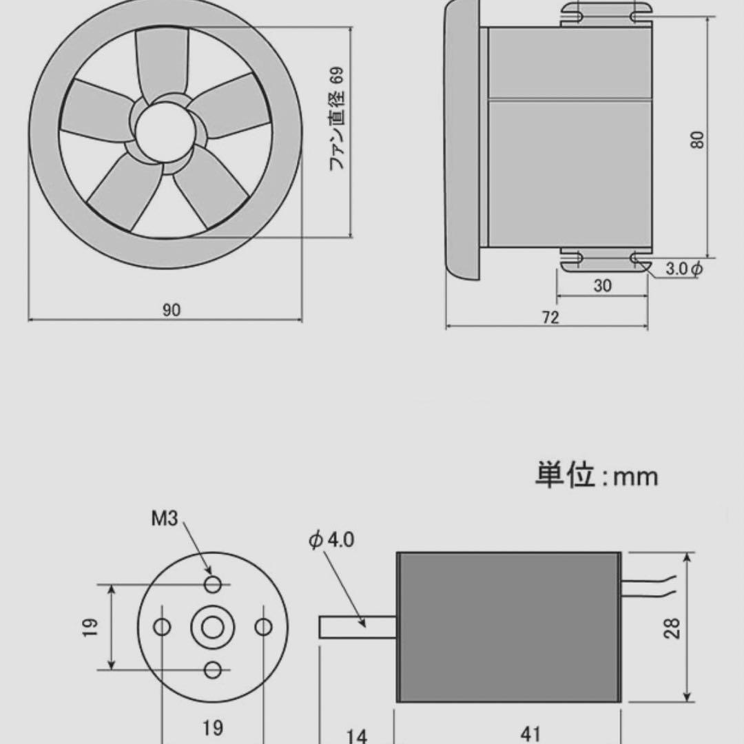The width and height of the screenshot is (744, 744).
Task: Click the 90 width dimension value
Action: pos(171,310)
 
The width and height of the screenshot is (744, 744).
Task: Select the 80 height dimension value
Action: pos(698,140)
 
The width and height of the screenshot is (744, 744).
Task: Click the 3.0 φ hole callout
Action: pos(683,269)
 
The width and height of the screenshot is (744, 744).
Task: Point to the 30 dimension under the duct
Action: pos(602,286)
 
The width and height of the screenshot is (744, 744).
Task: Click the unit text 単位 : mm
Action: pos(597,476)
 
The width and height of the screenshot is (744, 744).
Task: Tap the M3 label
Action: pos(165,519)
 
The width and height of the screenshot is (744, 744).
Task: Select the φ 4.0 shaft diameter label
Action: pos(331,539)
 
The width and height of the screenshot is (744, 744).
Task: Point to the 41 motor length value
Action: pos(531,733)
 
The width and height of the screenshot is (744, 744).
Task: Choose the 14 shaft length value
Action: pos(356,736)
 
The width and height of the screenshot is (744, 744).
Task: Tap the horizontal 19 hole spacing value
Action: pos(213,727)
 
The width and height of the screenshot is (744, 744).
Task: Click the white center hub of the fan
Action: pos(163,130)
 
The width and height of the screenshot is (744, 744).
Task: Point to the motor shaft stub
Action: pos(357,627)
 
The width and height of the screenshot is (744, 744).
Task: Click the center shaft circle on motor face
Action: pos(213,628)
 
